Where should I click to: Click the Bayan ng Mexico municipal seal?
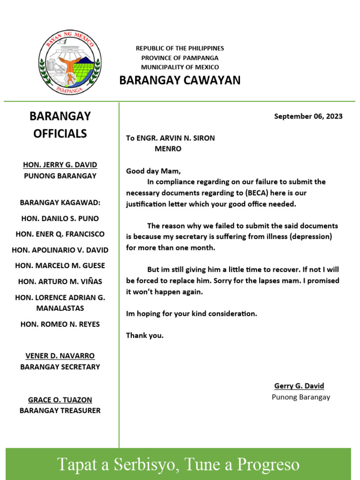point(70,63)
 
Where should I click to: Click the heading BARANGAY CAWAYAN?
point(180,80)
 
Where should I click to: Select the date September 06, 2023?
point(308,116)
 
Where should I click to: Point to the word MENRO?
point(168,149)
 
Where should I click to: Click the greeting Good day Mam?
point(153,171)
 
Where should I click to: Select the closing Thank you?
point(145,335)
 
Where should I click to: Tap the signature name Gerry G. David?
point(299,386)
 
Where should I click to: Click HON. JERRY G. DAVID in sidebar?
point(60,165)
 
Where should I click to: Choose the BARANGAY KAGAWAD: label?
point(60,202)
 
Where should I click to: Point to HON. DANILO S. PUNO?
point(60,218)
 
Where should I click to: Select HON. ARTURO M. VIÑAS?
point(60,281)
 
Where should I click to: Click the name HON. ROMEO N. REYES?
point(60,324)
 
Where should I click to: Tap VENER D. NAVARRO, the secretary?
point(60,356)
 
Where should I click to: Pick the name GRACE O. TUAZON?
point(60,400)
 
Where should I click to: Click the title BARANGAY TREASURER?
point(60,411)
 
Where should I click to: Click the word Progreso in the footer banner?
point(268,464)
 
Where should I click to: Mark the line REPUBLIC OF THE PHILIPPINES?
point(180,48)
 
